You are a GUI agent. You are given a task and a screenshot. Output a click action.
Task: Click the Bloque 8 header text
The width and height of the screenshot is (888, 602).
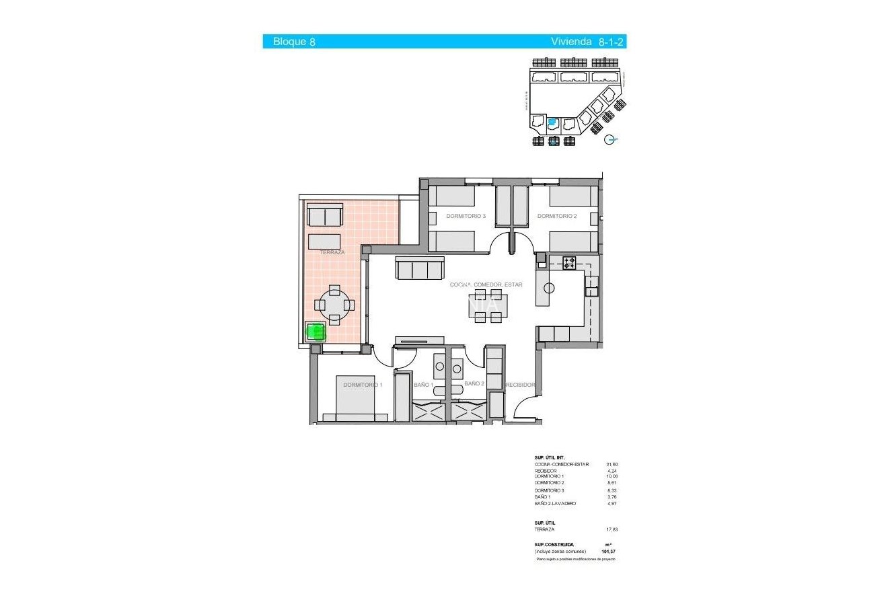[294, 42]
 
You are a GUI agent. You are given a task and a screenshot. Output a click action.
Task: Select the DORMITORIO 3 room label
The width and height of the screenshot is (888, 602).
[466, 216]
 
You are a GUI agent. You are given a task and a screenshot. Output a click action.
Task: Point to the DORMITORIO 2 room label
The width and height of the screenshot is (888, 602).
[556, 216]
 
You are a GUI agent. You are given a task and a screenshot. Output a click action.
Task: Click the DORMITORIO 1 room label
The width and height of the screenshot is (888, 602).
[363, 385]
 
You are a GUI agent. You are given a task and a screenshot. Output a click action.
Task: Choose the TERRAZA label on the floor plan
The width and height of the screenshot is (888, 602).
[332, 252]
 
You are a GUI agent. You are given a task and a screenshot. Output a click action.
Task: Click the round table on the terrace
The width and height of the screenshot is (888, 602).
[334, 305]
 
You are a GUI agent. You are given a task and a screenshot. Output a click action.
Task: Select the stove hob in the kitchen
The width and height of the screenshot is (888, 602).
[569, 263]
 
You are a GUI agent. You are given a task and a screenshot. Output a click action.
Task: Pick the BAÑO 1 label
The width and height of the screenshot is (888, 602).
[422, 385]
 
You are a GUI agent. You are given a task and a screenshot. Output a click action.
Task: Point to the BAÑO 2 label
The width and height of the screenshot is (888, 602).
[474, 383]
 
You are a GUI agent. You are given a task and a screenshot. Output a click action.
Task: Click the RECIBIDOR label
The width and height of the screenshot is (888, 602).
[520, 385]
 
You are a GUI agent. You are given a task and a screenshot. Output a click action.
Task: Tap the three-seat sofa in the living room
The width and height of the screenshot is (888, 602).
[420, 270]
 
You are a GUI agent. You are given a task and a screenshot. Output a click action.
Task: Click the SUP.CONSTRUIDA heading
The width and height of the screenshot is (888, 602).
[554, 544]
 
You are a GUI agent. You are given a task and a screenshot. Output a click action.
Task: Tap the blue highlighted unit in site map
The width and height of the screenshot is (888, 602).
[552, 122]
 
